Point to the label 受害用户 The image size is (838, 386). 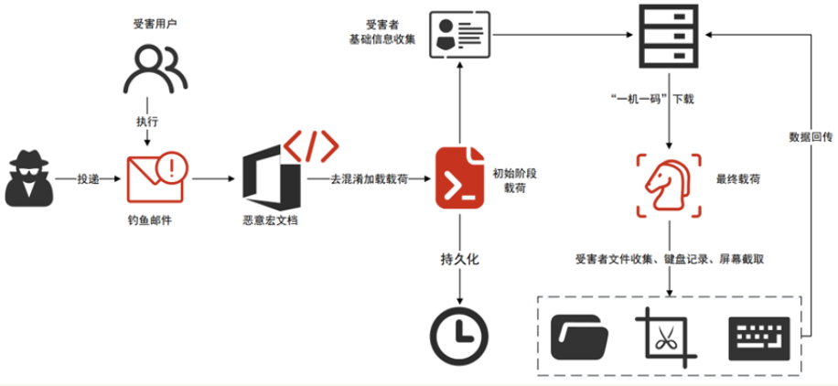pos(150,22)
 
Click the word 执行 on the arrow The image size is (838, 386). pos(147,121)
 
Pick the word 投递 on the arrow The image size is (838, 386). pos(89,177)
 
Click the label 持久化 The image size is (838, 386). pos(459,260)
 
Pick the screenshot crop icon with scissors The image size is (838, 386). pos(667,335)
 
